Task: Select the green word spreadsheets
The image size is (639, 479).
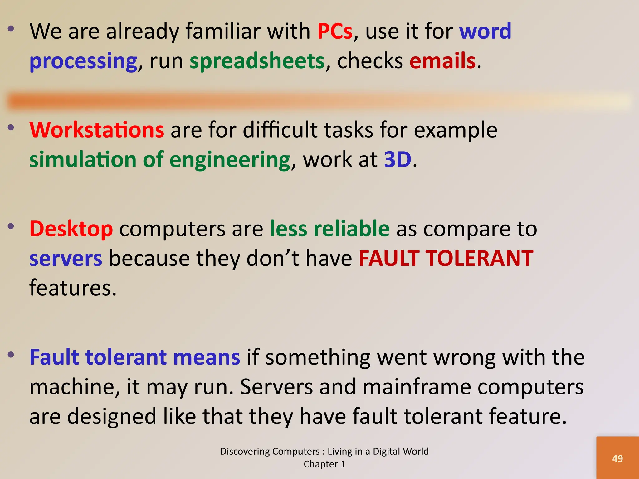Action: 257,61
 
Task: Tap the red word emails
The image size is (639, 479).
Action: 442,61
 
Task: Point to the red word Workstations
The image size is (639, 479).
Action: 97,130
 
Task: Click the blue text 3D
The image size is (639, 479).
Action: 398,160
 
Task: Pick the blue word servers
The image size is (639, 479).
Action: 66,259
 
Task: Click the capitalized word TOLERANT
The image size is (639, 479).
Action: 480,259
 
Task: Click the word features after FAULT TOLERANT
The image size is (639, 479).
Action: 73,288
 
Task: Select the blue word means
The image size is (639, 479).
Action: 207,357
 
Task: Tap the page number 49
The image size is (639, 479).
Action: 617,459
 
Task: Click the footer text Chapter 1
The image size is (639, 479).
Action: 324,464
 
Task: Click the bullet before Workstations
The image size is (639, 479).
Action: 11,127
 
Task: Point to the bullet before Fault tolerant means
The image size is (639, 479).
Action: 11,355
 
